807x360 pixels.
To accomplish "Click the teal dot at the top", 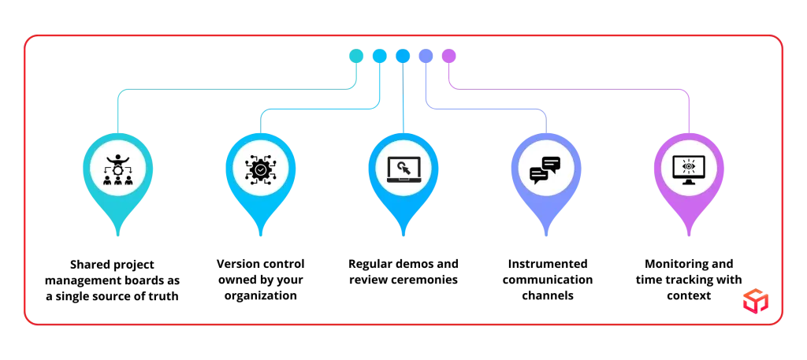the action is [356, 56].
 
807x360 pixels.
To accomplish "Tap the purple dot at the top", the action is [448, 56].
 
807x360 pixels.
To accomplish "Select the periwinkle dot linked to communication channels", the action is [426, 56].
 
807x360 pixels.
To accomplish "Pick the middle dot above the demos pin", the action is [403, 56].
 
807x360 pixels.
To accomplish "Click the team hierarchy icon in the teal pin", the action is [117, 169].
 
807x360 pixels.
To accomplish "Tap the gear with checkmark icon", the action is [260, 169].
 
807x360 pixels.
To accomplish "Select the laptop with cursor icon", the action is [403, 169].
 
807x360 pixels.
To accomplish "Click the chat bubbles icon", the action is [545, 170].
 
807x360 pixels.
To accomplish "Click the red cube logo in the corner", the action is [756, 301].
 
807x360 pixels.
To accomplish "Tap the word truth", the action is [165, 297].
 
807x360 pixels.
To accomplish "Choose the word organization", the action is [260, 296].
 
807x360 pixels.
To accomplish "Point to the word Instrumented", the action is [548, 265].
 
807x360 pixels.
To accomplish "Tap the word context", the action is [689, 296].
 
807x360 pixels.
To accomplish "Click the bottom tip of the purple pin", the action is [689, 236].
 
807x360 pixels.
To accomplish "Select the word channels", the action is [548, 296].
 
